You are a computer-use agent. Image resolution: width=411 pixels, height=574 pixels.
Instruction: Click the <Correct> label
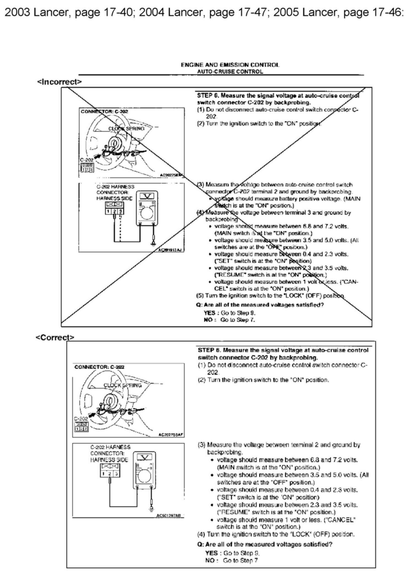(55, 337)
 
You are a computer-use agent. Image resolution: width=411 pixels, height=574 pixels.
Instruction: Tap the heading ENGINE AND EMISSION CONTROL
(230, 65)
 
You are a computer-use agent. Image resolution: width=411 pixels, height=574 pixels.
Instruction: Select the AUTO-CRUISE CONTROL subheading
(230, 72)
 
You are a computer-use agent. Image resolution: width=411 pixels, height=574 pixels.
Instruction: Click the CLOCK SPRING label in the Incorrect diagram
(126, 129)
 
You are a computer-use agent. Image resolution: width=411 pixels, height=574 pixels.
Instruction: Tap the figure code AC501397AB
(169, 515)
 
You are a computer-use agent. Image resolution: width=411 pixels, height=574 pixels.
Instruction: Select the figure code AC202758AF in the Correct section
(171, 435)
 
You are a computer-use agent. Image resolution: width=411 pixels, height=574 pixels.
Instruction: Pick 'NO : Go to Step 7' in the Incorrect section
(229, 320)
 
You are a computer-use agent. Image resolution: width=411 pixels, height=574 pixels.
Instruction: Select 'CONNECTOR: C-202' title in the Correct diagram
(99, 367)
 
